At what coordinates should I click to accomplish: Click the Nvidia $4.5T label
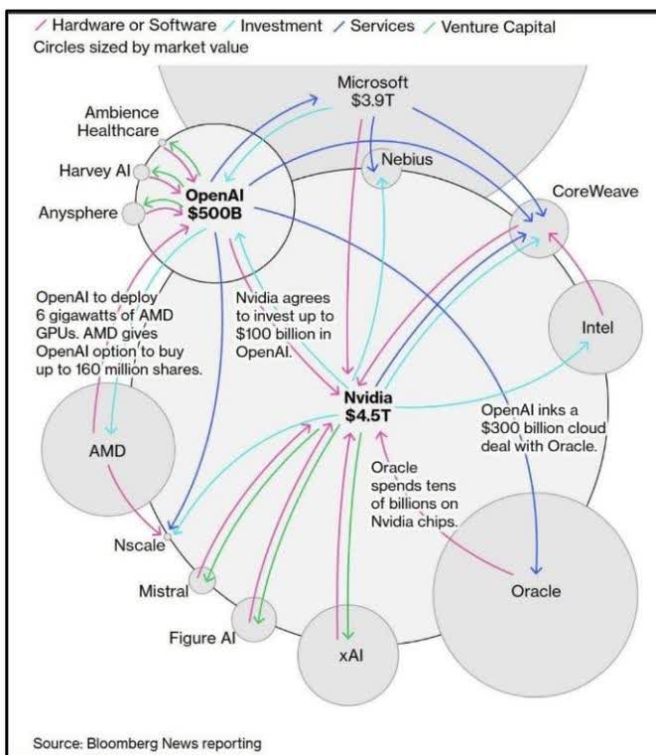369,405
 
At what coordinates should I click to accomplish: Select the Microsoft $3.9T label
373,90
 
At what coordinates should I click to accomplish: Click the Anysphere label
77,213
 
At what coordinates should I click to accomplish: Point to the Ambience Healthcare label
122,123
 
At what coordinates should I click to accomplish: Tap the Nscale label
138,544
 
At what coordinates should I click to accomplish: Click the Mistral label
163,592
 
